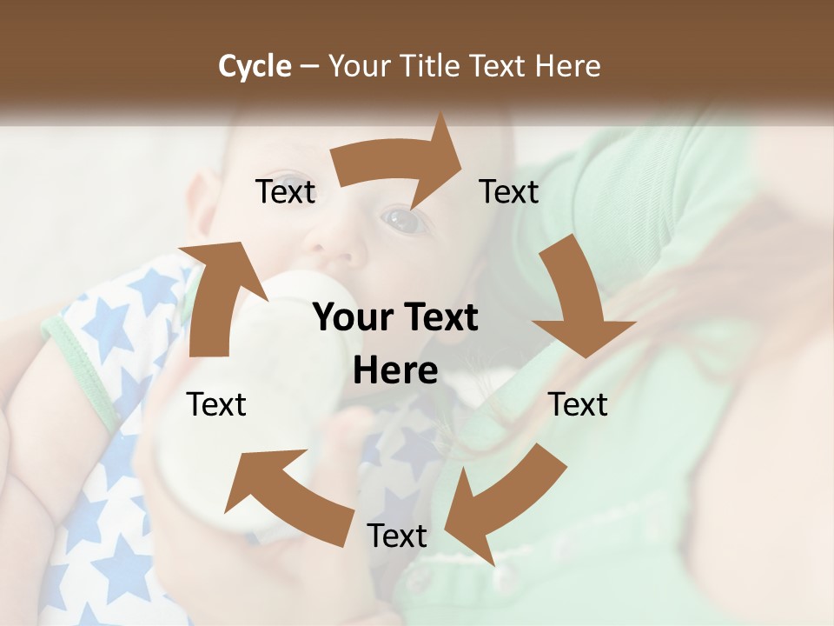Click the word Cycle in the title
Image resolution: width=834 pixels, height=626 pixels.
255,66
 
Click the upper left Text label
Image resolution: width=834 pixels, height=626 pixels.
285,192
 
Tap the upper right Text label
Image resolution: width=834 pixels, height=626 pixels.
509,192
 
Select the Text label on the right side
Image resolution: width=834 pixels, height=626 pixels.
578,404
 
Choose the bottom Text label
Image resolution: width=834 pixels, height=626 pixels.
397,536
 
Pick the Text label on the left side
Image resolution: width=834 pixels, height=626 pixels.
216,404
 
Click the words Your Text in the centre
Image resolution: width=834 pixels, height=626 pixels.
395,318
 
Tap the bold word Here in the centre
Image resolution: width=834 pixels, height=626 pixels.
395,371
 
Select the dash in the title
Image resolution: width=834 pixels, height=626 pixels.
309,67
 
